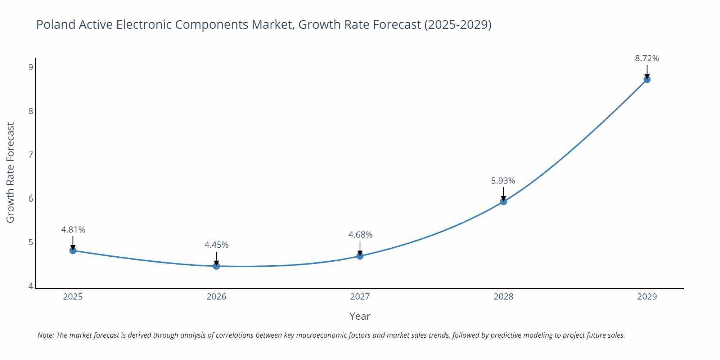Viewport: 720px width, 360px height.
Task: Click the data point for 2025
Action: coord(73,250)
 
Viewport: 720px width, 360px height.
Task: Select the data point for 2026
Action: coord(216,266)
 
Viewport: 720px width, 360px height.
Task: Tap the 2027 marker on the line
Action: coord(360,256)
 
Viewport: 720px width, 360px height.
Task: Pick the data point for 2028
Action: coord(504,201)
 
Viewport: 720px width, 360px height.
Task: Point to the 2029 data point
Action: coord(647,79)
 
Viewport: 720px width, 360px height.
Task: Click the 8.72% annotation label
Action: coord(647,58)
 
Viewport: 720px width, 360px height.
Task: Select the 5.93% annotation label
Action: coord(503,181)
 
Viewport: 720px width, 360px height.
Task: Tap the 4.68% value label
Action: coord(360,235)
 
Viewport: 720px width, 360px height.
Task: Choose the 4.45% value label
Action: coord(216,245)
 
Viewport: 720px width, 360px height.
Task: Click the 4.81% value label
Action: coord(73,230)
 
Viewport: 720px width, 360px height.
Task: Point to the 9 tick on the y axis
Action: coord(31,67)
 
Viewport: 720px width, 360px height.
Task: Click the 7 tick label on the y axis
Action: coord(31,155)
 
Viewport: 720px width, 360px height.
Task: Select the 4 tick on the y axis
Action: coord(31,286)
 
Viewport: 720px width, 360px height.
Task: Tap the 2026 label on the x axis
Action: coord(216,297)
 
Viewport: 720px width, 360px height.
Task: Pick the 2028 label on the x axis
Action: coord(503,297)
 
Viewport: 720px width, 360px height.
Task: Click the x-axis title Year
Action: coord(360,316)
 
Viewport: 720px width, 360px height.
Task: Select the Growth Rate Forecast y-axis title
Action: coord(10,172)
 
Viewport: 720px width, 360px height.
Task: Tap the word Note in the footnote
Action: coord(45,335)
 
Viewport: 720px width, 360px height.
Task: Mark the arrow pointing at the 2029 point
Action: coord(647,71)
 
